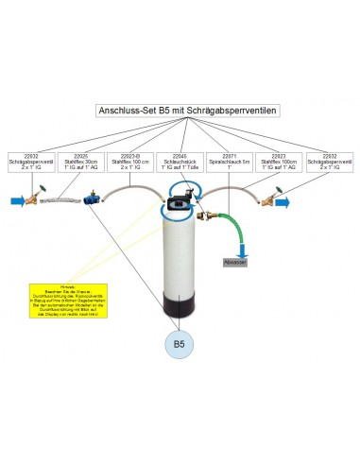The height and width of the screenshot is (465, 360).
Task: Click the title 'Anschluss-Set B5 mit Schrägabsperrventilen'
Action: [180, 111]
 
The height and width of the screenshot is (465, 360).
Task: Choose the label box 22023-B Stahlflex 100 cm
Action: [129, 162]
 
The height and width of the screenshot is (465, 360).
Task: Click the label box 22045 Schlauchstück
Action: [180, 162]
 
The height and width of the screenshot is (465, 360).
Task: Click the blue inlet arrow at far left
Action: [16, 200]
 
